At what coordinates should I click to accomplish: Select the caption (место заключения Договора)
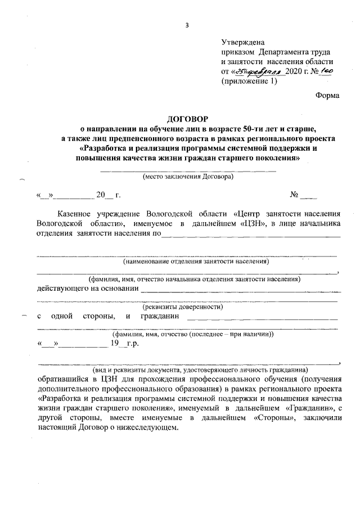click(x=188, y=176)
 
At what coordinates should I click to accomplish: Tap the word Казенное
click(x=78, y=214)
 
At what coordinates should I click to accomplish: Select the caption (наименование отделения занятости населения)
click(x=188, y=261)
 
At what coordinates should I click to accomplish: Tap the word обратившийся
click(x=63, y=379)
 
